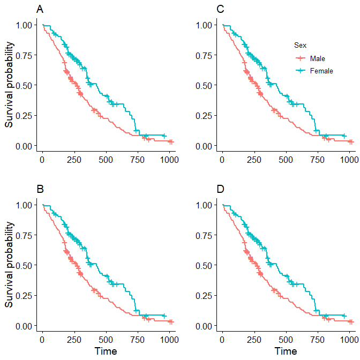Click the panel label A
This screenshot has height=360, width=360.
[40, 9]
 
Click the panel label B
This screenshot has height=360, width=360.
[40, 189]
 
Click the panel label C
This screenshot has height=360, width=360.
[220, 9]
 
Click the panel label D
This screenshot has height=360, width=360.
[220, 189]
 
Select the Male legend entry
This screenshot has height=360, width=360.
[317, 58]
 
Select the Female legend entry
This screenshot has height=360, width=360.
[321, 71]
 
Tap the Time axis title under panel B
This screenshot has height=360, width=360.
[106, 351]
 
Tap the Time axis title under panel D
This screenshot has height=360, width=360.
[286, 351]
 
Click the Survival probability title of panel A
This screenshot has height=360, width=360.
[9, 85]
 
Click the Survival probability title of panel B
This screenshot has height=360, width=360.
[9, 265]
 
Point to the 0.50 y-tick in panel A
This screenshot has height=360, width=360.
[25, 85]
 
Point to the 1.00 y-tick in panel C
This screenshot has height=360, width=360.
[205, 25]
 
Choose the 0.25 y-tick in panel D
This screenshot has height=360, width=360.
[205, 296]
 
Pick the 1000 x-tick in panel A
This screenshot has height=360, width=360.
[169, 159]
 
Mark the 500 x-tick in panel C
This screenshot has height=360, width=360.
[286, 159]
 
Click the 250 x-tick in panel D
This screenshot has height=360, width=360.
[254, 339]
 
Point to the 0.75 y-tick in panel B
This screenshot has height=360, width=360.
[25, 235]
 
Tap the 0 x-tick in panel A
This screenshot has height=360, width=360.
[43, 159]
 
